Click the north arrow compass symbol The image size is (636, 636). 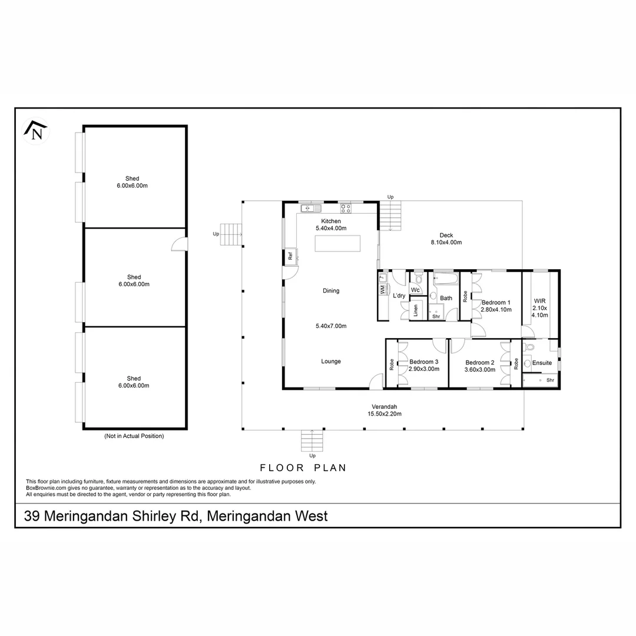(36, 131)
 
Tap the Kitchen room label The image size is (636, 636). (331, 221)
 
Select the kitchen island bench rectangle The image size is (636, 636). (337, 244)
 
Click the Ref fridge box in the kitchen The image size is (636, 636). (290, 256)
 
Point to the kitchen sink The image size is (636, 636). (311, 208)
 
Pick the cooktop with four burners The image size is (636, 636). (346, 208)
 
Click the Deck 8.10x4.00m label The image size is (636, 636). (446, 238)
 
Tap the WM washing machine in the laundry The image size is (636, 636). (383, 290)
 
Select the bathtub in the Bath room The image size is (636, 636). (446, 278)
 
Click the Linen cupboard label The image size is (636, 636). (415, 310)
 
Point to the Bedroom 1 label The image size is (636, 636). (496, 302)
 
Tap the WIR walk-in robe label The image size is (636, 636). (539, 301)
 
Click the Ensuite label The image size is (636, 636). (542, 363)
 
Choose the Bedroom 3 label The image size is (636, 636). (424, 362)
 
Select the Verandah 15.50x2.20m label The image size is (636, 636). (385, 410)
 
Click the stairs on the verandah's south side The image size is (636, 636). (312, 441)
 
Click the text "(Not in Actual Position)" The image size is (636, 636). (134, 436)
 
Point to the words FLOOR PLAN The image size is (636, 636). (303, 468)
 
